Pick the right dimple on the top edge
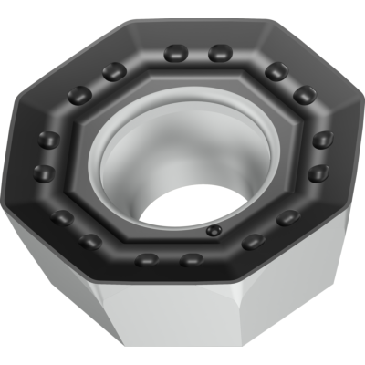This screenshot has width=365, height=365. [218, 54]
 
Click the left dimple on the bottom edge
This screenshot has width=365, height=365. [146, 260]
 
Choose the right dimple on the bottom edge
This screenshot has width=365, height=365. [192, 260]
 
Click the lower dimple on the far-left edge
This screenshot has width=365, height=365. [43, 172]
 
